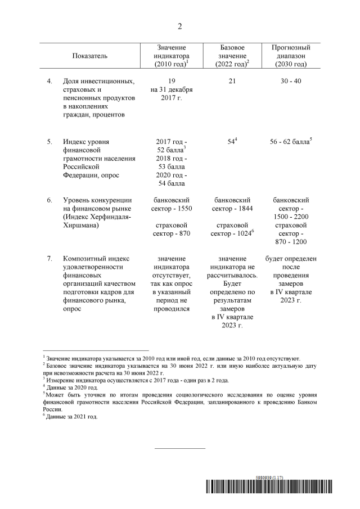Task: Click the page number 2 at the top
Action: [180, 26]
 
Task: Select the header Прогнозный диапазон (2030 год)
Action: [291, 56]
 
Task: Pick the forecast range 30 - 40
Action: [291, 82]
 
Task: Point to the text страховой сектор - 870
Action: [172, 229]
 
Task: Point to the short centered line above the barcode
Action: [180, 448]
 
